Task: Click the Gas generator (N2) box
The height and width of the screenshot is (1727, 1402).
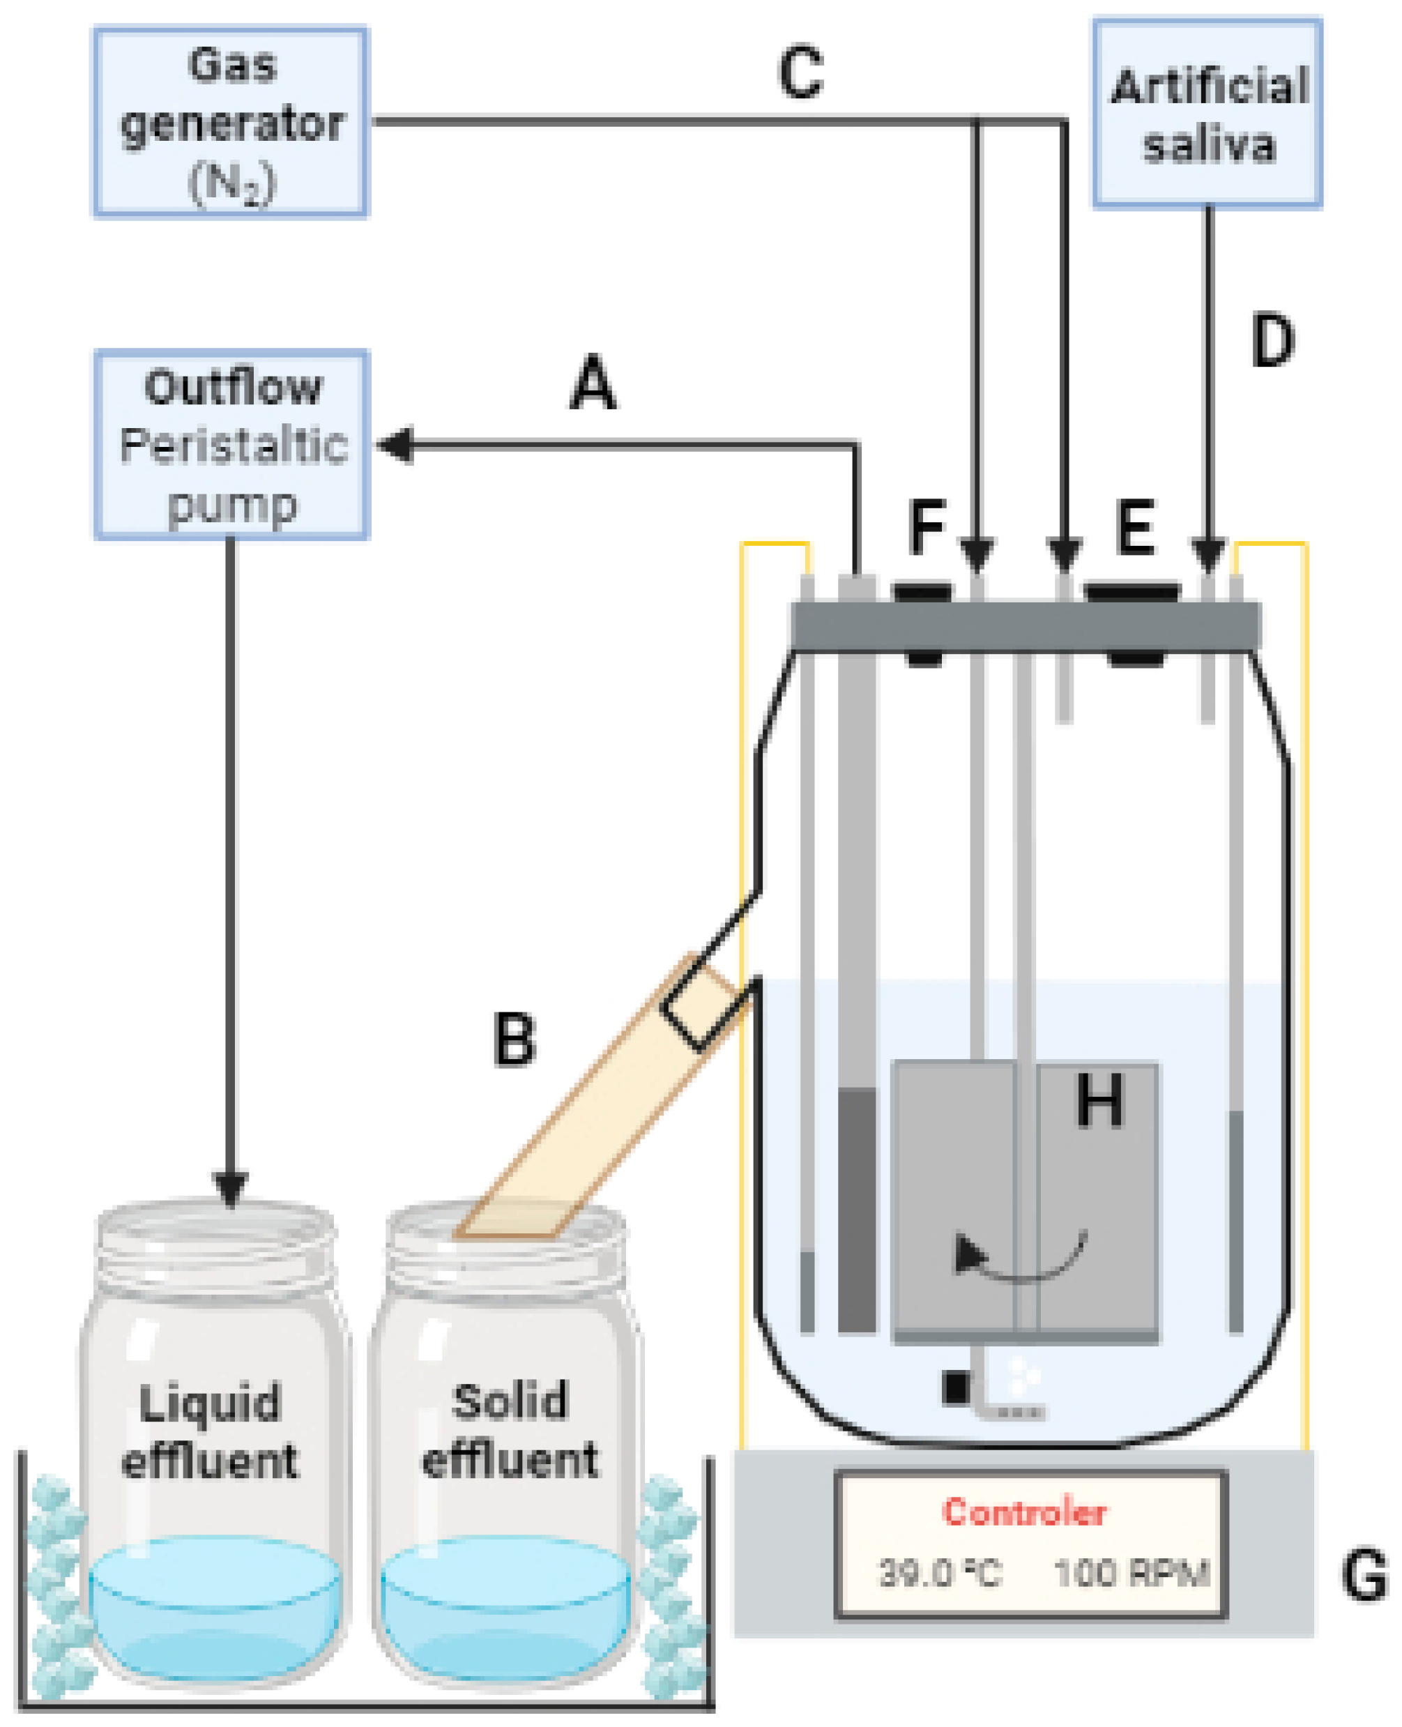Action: (231, 122)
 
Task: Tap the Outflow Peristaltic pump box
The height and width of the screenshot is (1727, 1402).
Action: (231, 445)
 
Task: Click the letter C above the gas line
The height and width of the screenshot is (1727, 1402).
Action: (800, 73)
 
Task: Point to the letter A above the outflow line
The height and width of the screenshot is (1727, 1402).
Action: (593, 384)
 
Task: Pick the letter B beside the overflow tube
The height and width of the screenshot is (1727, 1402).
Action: (515, 1040)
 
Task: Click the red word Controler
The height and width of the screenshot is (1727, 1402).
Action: (1024, 1512)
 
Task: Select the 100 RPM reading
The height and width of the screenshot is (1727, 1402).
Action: (1131, 1574)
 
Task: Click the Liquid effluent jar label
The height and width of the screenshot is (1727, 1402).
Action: (210, 1431)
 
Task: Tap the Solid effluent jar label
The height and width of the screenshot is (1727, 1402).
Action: (510, 1431)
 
